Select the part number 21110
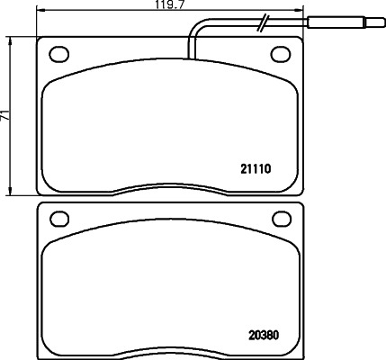click(256, 167)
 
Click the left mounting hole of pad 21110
click(60, 55)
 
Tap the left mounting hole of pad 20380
click(60, 218)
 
